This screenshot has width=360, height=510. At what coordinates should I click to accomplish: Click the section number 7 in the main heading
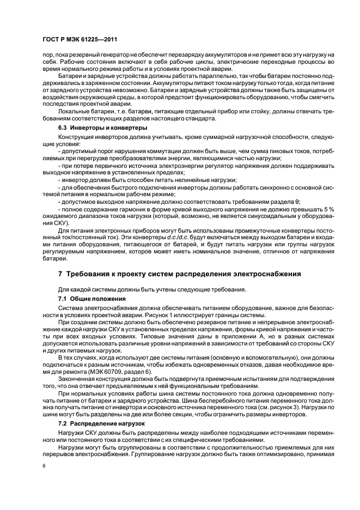click(x=60, y=273)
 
